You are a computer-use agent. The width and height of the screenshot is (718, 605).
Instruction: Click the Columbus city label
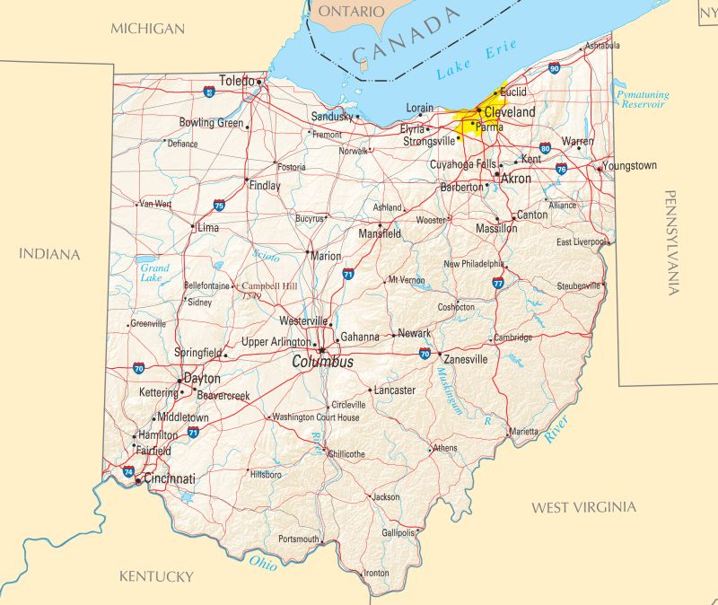(x=322, y=362)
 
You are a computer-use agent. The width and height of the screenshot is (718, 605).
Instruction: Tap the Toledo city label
(x=237, y=81)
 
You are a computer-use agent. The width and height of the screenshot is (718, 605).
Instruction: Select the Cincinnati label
(x=170, y=479)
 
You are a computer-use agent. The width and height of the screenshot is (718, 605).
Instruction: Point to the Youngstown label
(x=630, y=166)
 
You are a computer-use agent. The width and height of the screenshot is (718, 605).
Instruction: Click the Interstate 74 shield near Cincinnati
(x=129, y=470)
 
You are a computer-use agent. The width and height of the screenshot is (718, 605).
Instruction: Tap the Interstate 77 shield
(x=498, y=283)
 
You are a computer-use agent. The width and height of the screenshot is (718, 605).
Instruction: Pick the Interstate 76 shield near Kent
(x=561, y=168)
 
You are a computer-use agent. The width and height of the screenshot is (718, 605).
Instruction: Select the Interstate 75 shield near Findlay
(x=219, y=206)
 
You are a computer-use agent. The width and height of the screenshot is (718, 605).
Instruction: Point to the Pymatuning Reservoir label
(x=640, y=99)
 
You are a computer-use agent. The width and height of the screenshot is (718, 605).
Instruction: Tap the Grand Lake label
(x=154, y=273)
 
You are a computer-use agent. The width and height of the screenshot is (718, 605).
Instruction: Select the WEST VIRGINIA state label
(x=583, y=508)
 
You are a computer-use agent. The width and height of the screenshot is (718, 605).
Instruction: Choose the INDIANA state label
(x=49, y=255)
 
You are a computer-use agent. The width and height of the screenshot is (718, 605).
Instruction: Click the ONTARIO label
(x=352, y=12)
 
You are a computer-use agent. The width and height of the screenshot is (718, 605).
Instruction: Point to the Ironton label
(x=377, y=573)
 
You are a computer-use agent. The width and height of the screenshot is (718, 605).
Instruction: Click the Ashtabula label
(x=601, y=45)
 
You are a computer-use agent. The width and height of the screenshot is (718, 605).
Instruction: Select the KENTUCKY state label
(x=156, y=576)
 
